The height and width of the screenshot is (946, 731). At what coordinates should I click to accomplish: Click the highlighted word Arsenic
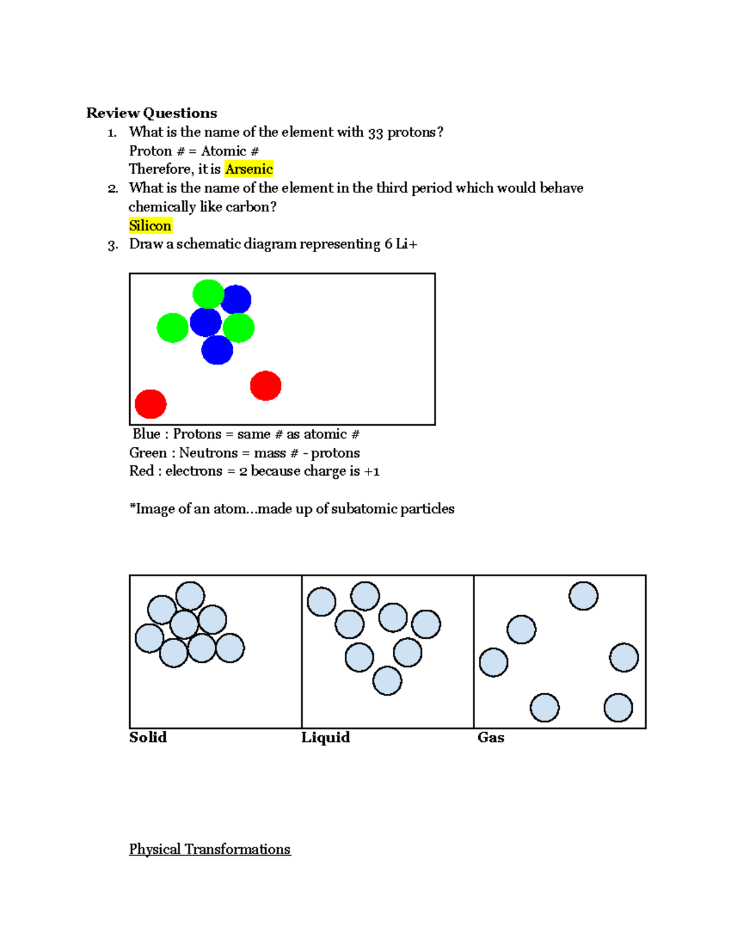click(x=249, y=169)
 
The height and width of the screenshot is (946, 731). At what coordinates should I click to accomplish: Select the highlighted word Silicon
click(x=150, y=225)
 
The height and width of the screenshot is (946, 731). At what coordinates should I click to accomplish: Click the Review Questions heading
click(x=152, y=113)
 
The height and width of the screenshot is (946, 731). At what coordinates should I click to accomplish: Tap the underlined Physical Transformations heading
click(x=210, y=849)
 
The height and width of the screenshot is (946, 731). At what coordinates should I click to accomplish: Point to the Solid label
click(x=148, y=737)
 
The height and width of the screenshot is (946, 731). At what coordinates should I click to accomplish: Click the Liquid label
click(x=325, y=737)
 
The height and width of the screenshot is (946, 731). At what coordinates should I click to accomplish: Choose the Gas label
click(x=490, y=737)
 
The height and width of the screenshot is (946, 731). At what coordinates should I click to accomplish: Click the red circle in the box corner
click(x=150, y=404)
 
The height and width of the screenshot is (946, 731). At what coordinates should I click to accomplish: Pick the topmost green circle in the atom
click(x=208, y=294)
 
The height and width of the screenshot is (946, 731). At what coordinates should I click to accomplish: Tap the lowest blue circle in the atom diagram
click(x=217, y=350)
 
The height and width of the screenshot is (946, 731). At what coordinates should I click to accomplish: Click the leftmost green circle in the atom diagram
click(x=172, y=328)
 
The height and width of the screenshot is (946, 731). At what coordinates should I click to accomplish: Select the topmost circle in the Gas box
click(x=583, y=596)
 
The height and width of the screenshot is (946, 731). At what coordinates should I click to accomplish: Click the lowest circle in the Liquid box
click(x=387, y=680)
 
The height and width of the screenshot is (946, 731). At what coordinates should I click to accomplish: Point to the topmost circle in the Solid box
click(x=190, y=596)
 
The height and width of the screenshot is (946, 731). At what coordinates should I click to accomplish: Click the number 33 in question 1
click(x=375, y=132)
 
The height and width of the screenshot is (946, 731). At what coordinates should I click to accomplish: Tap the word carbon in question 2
click(x=247, y=207)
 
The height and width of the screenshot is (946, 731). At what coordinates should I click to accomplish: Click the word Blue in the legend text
click(x=147, y=434)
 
